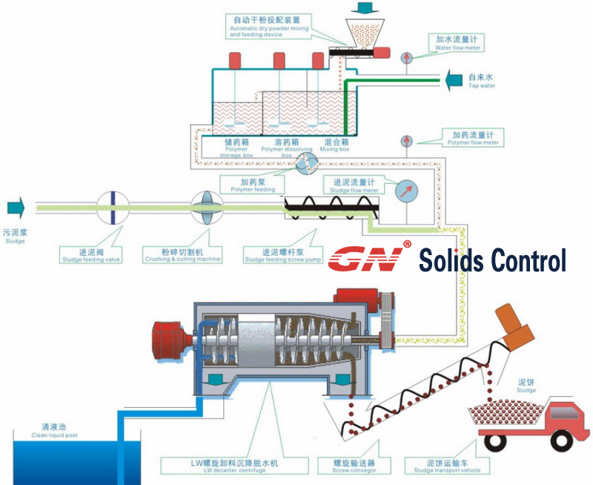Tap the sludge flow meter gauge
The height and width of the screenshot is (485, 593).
tap(408, 193)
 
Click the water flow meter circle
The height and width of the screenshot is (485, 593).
tap(406, 57)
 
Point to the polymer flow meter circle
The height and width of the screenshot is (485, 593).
tap(406, 141)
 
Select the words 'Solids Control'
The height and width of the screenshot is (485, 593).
tap(492, 260)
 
